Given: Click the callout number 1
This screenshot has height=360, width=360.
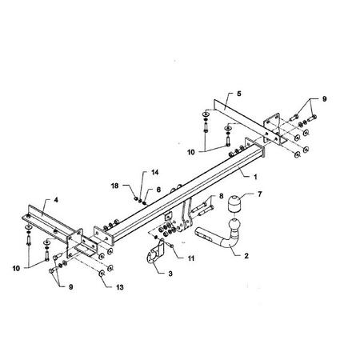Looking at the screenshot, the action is [255, 177].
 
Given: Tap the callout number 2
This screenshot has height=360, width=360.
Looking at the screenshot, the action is [246, 256].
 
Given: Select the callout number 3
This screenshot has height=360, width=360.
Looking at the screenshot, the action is [170, 274].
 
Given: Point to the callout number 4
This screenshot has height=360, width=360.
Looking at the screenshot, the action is [56, 200].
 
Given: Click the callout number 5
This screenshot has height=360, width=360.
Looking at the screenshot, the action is [239, 94].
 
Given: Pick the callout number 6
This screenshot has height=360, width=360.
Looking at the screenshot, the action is [158, 190].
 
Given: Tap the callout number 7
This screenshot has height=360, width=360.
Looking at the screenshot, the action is [260, 194].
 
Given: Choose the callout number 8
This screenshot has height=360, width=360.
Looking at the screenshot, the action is [221, 196].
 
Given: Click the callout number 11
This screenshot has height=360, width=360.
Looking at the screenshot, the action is [191, 258].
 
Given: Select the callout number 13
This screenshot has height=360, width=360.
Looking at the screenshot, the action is [120, 287].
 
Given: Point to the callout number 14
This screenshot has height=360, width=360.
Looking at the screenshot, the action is [154, 172].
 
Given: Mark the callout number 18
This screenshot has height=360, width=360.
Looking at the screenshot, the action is [114, 186].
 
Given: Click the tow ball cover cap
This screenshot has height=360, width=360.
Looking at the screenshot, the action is [234, 203].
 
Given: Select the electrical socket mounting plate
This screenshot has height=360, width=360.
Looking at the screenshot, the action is [154, 252].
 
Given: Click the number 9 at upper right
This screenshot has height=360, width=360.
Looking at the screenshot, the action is [324, 99].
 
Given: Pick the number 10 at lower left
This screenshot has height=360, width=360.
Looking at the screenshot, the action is [16, 268].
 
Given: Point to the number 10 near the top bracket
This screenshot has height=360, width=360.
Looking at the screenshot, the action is [191, 152].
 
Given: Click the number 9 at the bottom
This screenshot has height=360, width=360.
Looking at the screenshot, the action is [70, 287].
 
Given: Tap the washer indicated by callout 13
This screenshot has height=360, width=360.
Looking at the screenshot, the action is [102, 274].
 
